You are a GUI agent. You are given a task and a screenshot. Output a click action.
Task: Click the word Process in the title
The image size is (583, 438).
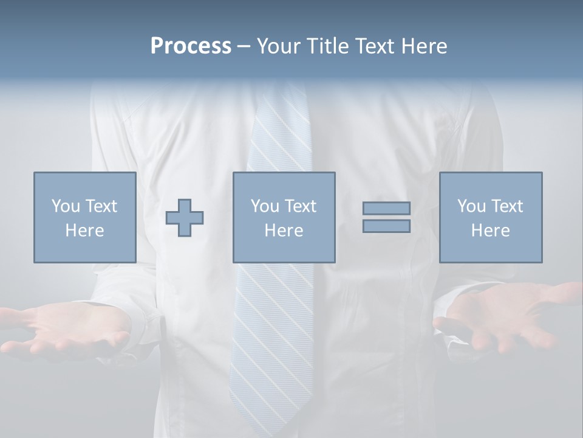tap(191, 46)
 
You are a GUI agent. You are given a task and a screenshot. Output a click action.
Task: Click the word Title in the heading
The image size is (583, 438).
tap(325, 46)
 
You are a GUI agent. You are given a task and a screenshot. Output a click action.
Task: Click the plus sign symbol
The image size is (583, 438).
tap(185, 218)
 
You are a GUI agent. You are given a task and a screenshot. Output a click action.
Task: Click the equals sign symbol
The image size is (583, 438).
tap(386, 217)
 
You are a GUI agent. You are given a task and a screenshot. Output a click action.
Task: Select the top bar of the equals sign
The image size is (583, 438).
tap(386, 208)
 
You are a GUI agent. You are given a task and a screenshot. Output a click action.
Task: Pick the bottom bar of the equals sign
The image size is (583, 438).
tap(386, 226)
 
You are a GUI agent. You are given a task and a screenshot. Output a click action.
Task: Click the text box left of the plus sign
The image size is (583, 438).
tap(84, 217)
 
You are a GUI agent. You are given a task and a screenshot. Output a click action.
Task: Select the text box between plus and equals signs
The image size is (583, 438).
tap(284, 217)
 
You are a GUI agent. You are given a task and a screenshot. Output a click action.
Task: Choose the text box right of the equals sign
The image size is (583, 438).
tap(490, 217)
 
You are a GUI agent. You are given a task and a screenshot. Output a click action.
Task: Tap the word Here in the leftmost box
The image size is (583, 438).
tap(84, 231)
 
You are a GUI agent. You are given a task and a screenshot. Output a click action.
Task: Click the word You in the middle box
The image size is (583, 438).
tap(265, 206)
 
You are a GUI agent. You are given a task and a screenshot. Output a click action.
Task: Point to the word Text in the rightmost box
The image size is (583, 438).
tap(507, 206)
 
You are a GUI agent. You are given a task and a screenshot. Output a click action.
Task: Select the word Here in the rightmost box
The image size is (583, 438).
tap(490, 231)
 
